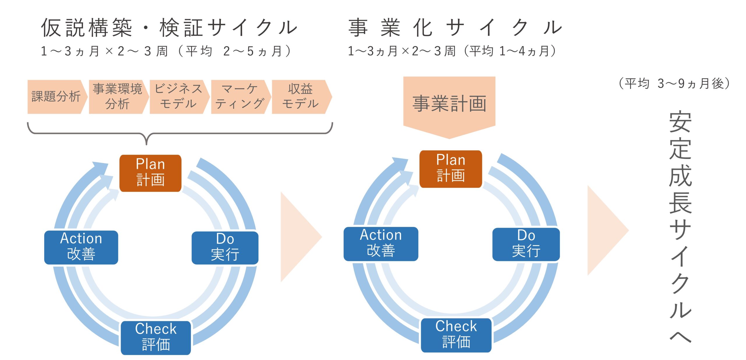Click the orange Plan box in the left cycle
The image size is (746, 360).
pos(150,173)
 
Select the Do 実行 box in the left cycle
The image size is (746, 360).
pos(225,248)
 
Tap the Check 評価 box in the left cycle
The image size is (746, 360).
pos(156,338)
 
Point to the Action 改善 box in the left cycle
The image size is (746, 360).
pos(81,248)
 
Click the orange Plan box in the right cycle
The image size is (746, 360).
pos(451,169)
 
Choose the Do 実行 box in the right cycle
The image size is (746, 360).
pos(526,244)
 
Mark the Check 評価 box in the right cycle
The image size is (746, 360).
pos(456,335)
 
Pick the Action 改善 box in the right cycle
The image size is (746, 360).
pos(381,244)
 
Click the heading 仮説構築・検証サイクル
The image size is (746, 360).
pos(169,28)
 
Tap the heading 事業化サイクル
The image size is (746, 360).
pos(455,28)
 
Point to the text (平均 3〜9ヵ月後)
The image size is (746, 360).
pos(674,84)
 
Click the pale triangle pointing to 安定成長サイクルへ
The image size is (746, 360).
pos(608,230)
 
